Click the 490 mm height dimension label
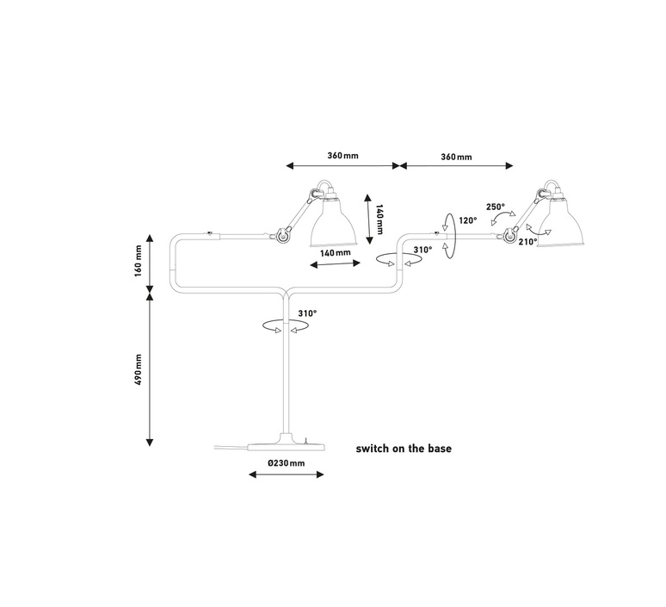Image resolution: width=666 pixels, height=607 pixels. [x=138, y=369]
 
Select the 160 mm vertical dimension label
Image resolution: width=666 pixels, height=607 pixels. [x=138, y=261]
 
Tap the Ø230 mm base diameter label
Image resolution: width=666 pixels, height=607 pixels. [x=287, y=463]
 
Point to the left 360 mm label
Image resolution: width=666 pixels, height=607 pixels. [x=342, y=156]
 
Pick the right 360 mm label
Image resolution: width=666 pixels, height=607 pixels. [x=456, y=157]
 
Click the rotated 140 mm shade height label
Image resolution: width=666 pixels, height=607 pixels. [x=379, y=219]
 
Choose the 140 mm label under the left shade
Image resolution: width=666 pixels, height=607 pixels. [x=335, y=253]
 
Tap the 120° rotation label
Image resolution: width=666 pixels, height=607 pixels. [x=467, y=220]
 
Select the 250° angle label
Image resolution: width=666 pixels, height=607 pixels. [x=496, y=207]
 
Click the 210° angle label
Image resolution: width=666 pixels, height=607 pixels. [x=528, y=242]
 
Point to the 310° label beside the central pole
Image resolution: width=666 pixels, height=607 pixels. [x=307, y=313]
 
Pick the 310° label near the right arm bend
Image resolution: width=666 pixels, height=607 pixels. [x=422, y=250]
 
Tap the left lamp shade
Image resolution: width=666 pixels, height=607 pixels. [x=334, y=224]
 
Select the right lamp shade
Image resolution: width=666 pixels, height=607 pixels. [x=561, y=223]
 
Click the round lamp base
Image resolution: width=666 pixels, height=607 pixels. [x=287, y=445]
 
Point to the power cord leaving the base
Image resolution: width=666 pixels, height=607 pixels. [x=231, y=447]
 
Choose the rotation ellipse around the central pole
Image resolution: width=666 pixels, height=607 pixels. [x=286, y=326]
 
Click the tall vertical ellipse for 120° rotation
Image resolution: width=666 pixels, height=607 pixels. [x=449, y=235]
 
